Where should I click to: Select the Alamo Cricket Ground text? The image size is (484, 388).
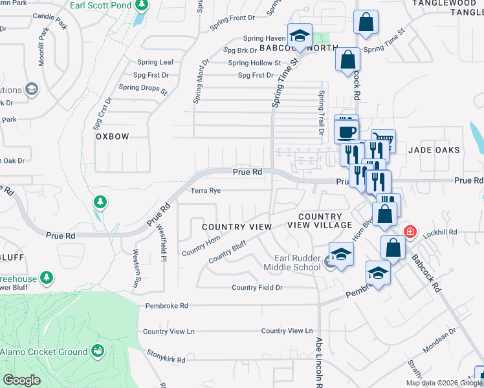point(43,352)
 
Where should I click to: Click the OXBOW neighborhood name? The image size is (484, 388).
point(113,136)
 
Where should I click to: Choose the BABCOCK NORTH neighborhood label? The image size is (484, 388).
point(299,48)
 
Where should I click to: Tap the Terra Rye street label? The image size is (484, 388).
point(206,191)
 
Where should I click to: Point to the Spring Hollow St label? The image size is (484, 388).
point(254,63)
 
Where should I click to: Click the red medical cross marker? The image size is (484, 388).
point(410,232)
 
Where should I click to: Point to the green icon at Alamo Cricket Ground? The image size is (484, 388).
point(98,351)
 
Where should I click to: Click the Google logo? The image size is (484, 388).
point(21,380)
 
